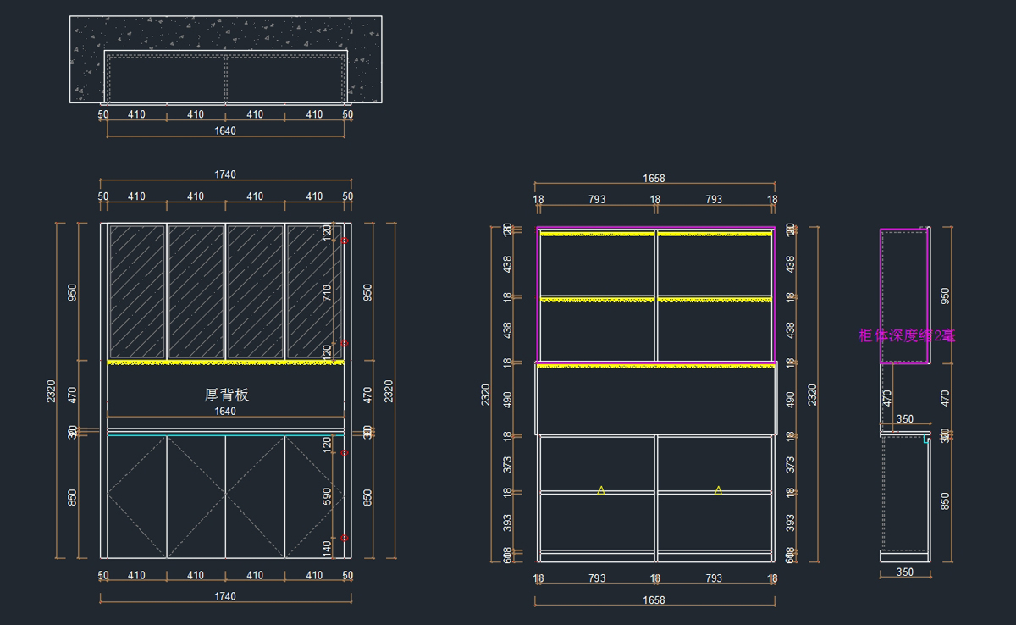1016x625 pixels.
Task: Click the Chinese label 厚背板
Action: coord(227,395)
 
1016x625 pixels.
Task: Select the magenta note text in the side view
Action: coord(907,335)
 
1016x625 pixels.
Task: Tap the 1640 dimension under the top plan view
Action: coord(225,131)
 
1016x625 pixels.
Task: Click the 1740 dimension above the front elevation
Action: coord(225,174)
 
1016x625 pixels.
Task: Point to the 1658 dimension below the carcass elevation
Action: coord(654,600)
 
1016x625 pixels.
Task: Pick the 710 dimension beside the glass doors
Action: coord(327,292)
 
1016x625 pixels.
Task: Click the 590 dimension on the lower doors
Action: coord(327,495)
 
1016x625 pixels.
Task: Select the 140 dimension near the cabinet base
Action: coord(327,549)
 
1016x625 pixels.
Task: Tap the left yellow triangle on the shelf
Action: coord(601,490)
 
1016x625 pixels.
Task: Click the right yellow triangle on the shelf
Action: coord(718,490)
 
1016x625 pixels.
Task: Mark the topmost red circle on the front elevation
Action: coord(345,241)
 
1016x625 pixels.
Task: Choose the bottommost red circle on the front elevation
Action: coord(345,538)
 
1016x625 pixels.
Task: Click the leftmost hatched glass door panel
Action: coord(136,291)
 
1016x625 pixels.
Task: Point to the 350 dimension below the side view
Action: coord(904,572)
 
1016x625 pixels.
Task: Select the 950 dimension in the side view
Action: coord(945,296)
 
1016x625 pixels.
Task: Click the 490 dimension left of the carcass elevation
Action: coord(506,399)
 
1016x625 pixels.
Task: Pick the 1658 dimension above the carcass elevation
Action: coord(654,179)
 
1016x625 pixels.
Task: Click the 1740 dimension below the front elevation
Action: coord(225,596)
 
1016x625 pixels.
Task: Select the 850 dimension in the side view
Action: coord(945,501)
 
